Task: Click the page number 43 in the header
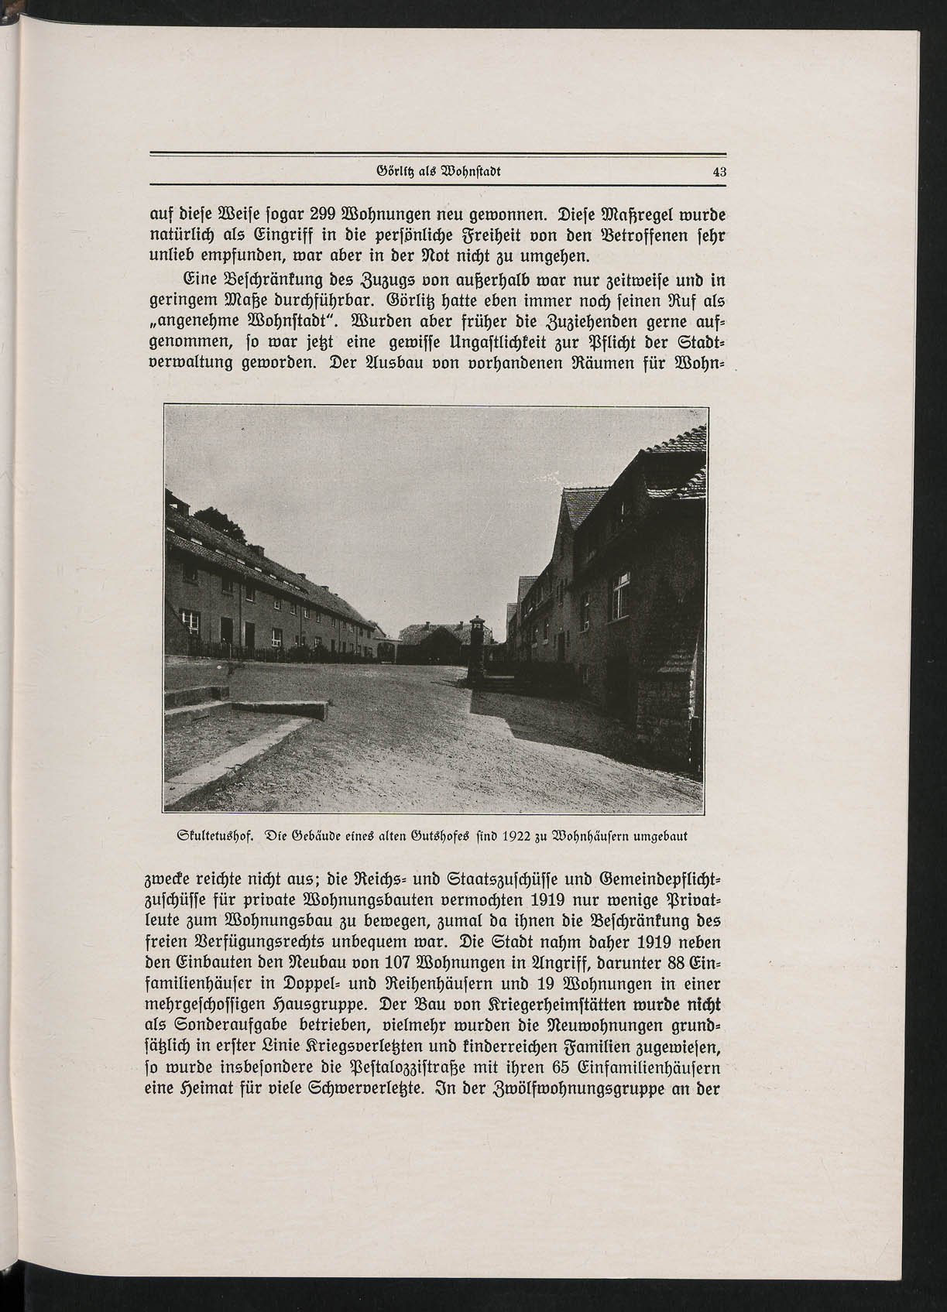pyautogui.click(x=719, y=173)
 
